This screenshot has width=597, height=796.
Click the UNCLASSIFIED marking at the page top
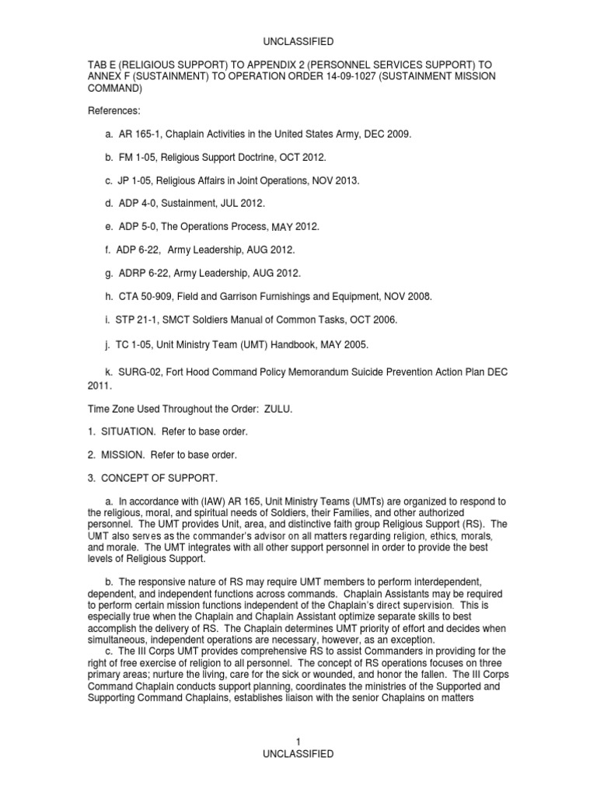[298, 41]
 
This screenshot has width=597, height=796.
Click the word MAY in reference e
[282, 227]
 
